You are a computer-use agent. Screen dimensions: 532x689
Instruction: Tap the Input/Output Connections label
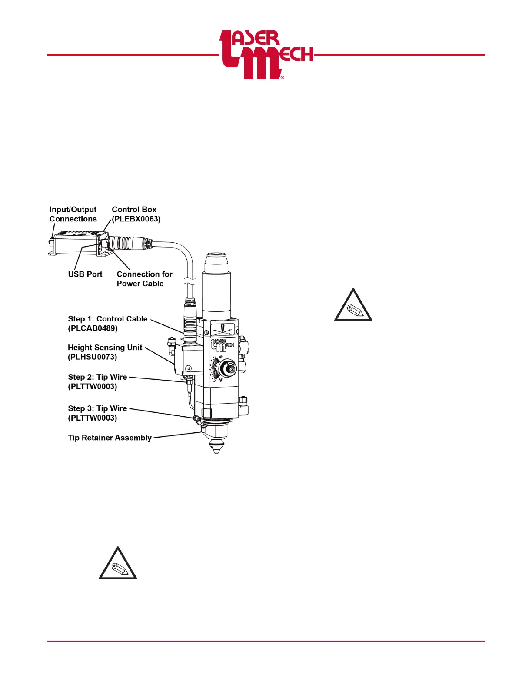coord(73,214)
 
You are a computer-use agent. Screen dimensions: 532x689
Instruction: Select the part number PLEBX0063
coord(136,219)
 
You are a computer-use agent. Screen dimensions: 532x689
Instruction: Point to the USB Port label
coord(85,274)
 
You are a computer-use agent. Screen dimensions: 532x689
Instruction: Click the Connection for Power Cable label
coord(144,279)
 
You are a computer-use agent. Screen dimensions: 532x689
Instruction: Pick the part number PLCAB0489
coord(93,328)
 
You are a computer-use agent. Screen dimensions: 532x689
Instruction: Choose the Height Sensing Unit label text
coord(105,348)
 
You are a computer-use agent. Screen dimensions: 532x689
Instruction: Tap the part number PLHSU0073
coord(93,357)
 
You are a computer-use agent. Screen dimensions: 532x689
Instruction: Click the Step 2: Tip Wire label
coord(97,377)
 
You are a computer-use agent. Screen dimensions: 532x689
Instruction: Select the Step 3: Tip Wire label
coord(97,408)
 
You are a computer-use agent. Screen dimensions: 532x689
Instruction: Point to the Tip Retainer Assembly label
coord(110,438)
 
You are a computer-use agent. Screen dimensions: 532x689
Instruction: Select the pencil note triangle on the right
coord(353,306)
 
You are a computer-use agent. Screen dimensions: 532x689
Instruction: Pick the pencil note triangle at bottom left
coord(118,564)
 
